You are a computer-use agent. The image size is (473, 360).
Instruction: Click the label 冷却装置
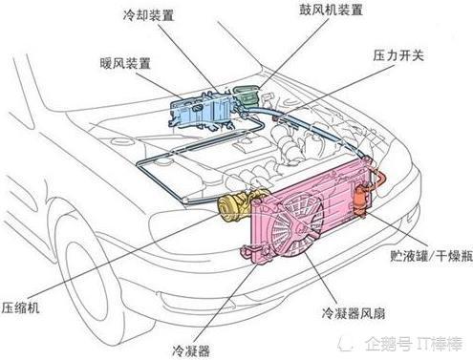[x=148, y=15]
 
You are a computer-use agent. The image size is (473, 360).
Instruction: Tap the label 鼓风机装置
[x=331, y=10]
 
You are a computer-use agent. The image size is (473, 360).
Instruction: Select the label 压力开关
[x=398, y=55]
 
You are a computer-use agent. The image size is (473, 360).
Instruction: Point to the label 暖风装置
[x=125, y=64]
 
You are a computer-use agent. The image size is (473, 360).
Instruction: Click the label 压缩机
[x=20, y=307]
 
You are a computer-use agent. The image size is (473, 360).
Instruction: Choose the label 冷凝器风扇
[x=354, y=313]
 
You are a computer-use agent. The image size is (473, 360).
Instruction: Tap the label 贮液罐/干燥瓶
[x=431, y=255]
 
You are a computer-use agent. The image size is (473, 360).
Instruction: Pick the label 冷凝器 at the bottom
[x=191, y=351]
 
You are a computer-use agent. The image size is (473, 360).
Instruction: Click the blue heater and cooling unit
[x=203, y=110]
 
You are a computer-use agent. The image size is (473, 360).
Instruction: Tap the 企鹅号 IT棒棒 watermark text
[x=413, y=344]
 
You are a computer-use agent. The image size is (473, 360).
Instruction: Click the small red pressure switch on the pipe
[x=276, y=118]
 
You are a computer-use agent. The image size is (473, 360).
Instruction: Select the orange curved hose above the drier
[x=379, y=178]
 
